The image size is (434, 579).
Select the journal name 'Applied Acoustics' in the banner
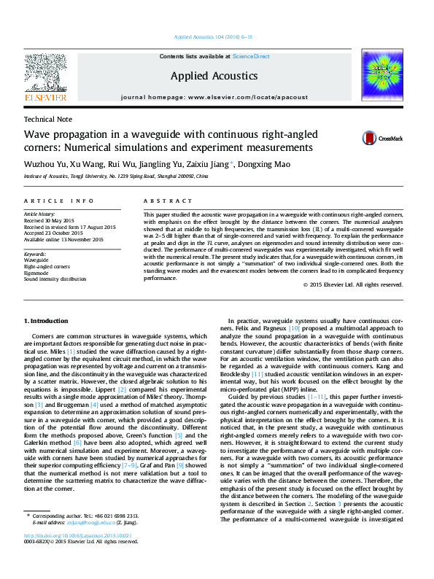(x=214, y=76)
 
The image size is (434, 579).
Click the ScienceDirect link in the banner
(x=252, y=56)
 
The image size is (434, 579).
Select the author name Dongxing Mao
(x=263, y=164)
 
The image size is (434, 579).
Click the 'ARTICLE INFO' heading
(x=58, y=201)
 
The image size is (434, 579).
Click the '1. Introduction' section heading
(x=47, y=322)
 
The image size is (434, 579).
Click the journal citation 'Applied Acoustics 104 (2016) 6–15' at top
(x=214, y=36)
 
